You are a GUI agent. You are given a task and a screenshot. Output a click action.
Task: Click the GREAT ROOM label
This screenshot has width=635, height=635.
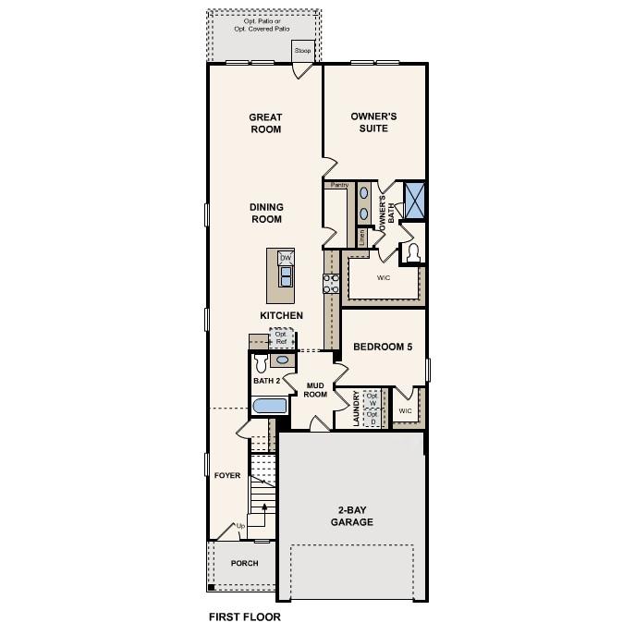tap(264, 123)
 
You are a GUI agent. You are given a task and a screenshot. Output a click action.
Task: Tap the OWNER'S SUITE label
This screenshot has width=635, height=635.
tap(373, 123)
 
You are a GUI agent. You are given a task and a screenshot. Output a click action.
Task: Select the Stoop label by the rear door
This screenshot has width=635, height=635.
tap(303, 51)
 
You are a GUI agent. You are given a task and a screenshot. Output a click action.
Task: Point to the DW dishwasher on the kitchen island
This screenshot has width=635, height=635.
tap(286, 258)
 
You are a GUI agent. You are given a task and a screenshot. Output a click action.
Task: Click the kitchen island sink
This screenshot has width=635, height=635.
tap(286, 275)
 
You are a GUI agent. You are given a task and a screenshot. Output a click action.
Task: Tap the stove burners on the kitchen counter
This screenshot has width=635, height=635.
tap(330, 283)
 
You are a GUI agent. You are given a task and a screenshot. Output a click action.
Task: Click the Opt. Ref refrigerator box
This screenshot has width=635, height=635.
tap(281, 338)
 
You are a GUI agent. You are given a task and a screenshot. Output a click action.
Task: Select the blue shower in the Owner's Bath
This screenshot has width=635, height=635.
tap(414, 200)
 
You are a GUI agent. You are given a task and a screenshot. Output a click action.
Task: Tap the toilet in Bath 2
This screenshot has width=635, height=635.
tap(260, 365)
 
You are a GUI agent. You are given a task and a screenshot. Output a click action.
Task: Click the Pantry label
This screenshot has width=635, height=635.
tap(339, 186)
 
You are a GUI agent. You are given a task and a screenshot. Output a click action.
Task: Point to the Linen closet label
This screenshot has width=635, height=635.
tap(362, 237)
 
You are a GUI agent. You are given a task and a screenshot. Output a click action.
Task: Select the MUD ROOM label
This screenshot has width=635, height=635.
tap(316, 389)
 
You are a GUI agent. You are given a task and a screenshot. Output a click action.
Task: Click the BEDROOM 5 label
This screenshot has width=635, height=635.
tap(383, 348)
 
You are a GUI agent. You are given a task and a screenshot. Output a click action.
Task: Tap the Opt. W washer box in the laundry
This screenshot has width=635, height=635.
tap(372, 400)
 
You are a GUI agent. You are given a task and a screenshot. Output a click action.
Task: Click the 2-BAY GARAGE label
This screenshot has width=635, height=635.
tap(353, 516)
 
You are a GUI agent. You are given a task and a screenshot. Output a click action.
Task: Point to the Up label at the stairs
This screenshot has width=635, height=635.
tap(242, 527)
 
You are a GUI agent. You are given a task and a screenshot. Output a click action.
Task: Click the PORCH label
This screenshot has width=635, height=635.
tap(244, 563)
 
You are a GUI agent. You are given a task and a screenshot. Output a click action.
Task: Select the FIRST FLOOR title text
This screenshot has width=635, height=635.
tap(244, 617)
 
